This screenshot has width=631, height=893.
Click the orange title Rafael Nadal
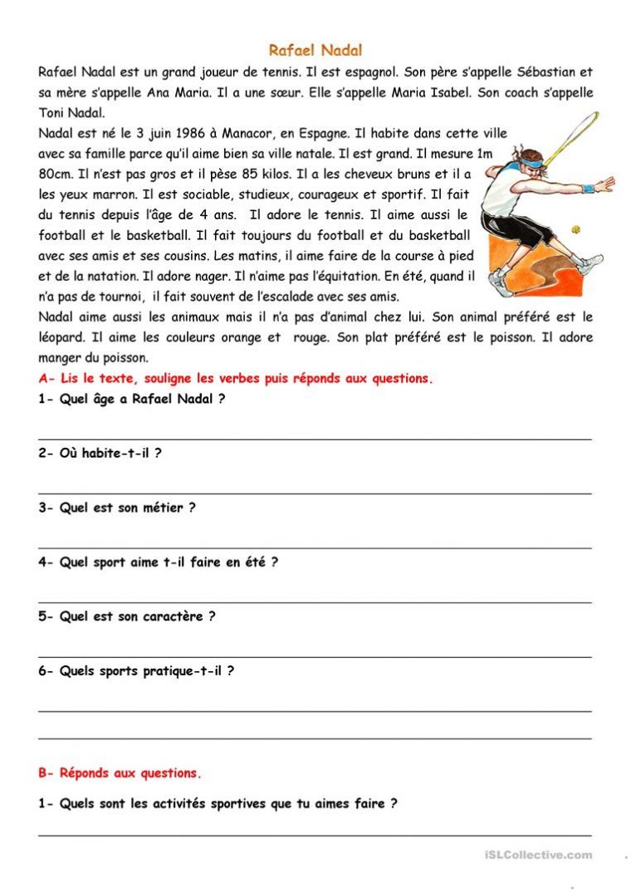coord(315,51)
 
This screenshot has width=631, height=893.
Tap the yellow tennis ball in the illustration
coord(574,228)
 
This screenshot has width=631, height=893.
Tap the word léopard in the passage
coord(60,338)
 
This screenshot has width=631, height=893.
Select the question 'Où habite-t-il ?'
coord(100,454)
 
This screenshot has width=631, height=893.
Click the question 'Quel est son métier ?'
coord(117,508)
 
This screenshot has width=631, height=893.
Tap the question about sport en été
coord(159,562)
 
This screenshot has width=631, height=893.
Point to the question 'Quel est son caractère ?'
coord(127,616)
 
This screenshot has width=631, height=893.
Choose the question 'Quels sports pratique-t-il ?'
coord(136,671)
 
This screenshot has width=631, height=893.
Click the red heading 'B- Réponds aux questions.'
coord(120,773)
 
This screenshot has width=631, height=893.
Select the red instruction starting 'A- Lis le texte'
coord(236,379)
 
